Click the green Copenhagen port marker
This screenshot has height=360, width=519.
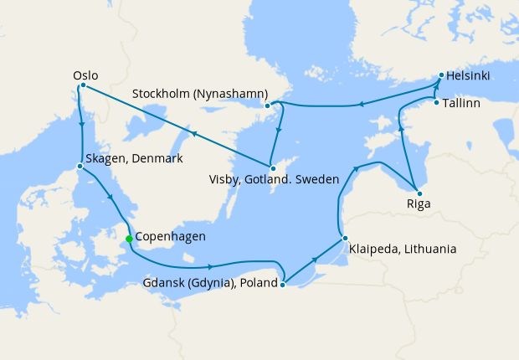click(x=129, y=239)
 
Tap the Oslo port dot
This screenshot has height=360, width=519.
click(x=83, y=85)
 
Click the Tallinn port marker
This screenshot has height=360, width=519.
click(x=436, y=103)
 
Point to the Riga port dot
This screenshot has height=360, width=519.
click(x=416, y=188)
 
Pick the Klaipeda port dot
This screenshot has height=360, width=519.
click(x=344, y=239)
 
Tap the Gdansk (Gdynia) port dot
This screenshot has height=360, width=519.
click(x=283, y=285)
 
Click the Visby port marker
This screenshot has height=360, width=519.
click(x=272, y=168)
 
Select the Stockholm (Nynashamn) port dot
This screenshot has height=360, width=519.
click(x=267, y=105)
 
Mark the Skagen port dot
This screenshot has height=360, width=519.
click(x=80, y=166)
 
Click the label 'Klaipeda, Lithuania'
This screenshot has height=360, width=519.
click(x=403, y=249)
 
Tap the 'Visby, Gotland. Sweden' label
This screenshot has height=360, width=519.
click(x=274, y=180)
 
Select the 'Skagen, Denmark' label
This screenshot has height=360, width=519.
click(x=134, y=158)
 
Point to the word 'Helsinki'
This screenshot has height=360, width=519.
click(x=469, y=76)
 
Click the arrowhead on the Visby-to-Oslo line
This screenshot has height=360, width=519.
click(x=193, y=133)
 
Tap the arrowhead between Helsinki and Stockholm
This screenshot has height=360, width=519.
click(x=361, y=104)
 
